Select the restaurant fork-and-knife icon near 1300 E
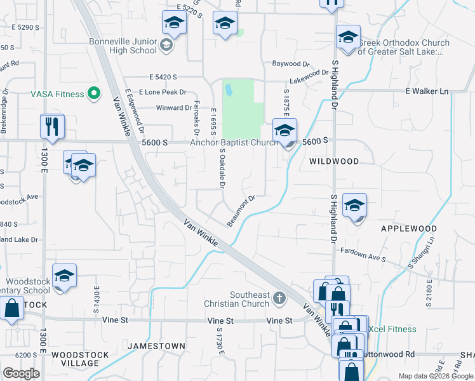[x=52, y=126]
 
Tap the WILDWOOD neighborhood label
[x=334, y=161]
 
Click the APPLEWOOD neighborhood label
[x=408, y=228]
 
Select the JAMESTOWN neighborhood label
[x=156, y=346]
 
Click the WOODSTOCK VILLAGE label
[x=76, y=359]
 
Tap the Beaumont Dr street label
[x=241, y=210]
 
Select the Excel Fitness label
[x=392, y=329]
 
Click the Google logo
[x=22, y=373]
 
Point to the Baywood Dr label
[x=290, y=64]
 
